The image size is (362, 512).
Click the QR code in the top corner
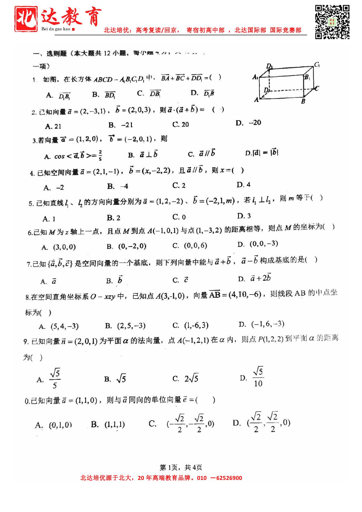pos(332,22)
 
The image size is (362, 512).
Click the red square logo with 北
pos(26,19)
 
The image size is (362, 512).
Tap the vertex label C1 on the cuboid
pos(317,65)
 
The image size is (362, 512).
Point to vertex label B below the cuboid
pos(303,102)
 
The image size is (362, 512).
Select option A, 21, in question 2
pos(53,126)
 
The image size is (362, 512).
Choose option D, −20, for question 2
pos(248,123)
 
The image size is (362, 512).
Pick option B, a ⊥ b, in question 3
pos(143,155)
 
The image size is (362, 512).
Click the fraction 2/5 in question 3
pos(100,155)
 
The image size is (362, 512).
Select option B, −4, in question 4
pos(118,186)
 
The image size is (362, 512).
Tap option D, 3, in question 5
pos(244,216)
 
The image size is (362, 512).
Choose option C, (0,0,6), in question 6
pos(190,245)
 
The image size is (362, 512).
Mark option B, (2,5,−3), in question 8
pos(125,326)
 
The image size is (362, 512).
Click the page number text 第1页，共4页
pos(181,467)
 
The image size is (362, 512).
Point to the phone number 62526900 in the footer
pos(229,478)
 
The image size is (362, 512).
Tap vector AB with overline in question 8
pos(215,295)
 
